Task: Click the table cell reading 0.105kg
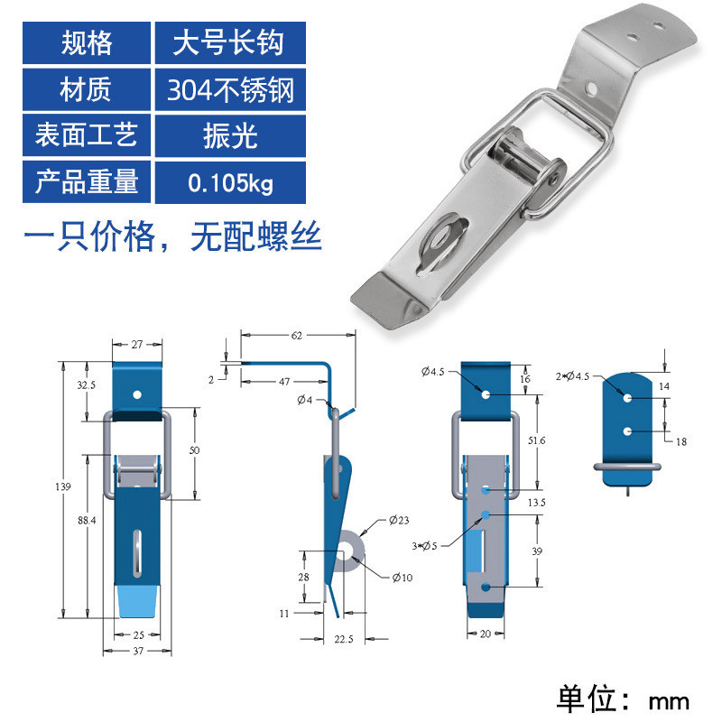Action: click(x=230, y=182)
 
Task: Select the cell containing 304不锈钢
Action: click(x=230, y=89)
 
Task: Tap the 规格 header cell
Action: click(x=87, y=42)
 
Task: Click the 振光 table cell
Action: click(x=230, y=136)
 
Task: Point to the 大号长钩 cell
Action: click(x=230, y=42)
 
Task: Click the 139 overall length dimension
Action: click(x=63, y=486)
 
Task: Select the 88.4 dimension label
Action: click(x=87, y=521)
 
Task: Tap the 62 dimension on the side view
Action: click(x=297, y=335)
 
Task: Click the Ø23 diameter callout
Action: click(x=399, y=521)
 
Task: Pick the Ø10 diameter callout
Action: click(x=403, y=578)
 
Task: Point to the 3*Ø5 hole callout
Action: click(x=424, y=546)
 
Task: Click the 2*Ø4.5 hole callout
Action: click(x=572, y=376)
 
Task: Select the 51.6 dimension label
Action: click(x=536, y=440)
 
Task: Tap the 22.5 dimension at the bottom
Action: click(x=344, y=639)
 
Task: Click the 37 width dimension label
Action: click(x=138, y=651)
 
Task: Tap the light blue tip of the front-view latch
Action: click(x=138, y=601)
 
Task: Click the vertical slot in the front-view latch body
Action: click(x=137, y=553)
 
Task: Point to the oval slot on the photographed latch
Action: click(x=442, y=243)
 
